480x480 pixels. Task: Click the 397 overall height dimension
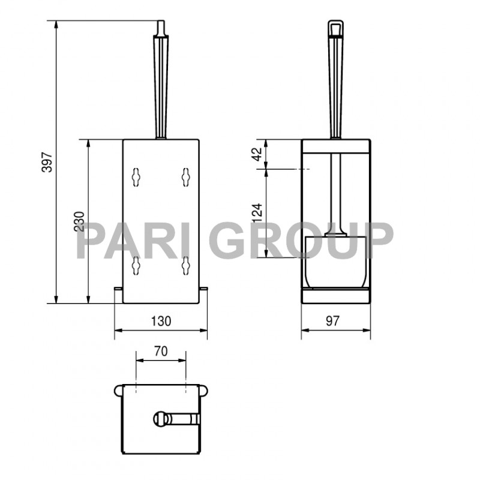coord(47,162)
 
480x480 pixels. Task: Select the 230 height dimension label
coord(79,221)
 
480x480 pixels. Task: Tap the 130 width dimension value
coord(161,321)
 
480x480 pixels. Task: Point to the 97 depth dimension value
coord(332,321)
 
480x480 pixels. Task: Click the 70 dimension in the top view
coord(161,352)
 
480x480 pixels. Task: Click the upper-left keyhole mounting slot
coord(136,176)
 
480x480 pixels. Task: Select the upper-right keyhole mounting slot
coord(186,176)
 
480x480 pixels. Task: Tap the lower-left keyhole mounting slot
coord(136,264)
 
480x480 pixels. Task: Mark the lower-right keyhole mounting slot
coord(186,264)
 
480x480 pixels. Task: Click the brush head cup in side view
coord(336,261)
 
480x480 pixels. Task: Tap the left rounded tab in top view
coord(118,391)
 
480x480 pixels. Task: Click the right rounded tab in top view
coord(205,391)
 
